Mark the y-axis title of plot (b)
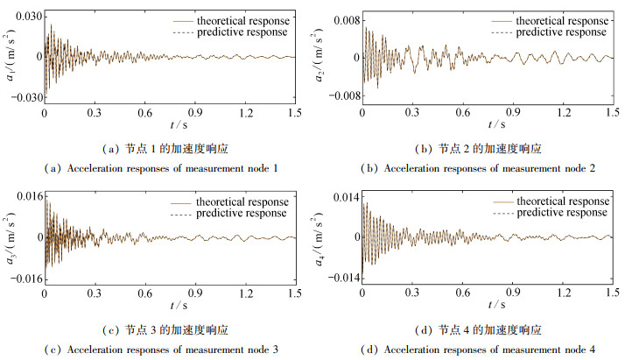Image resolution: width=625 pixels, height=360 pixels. pyautogui.click(x=331, y=59)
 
